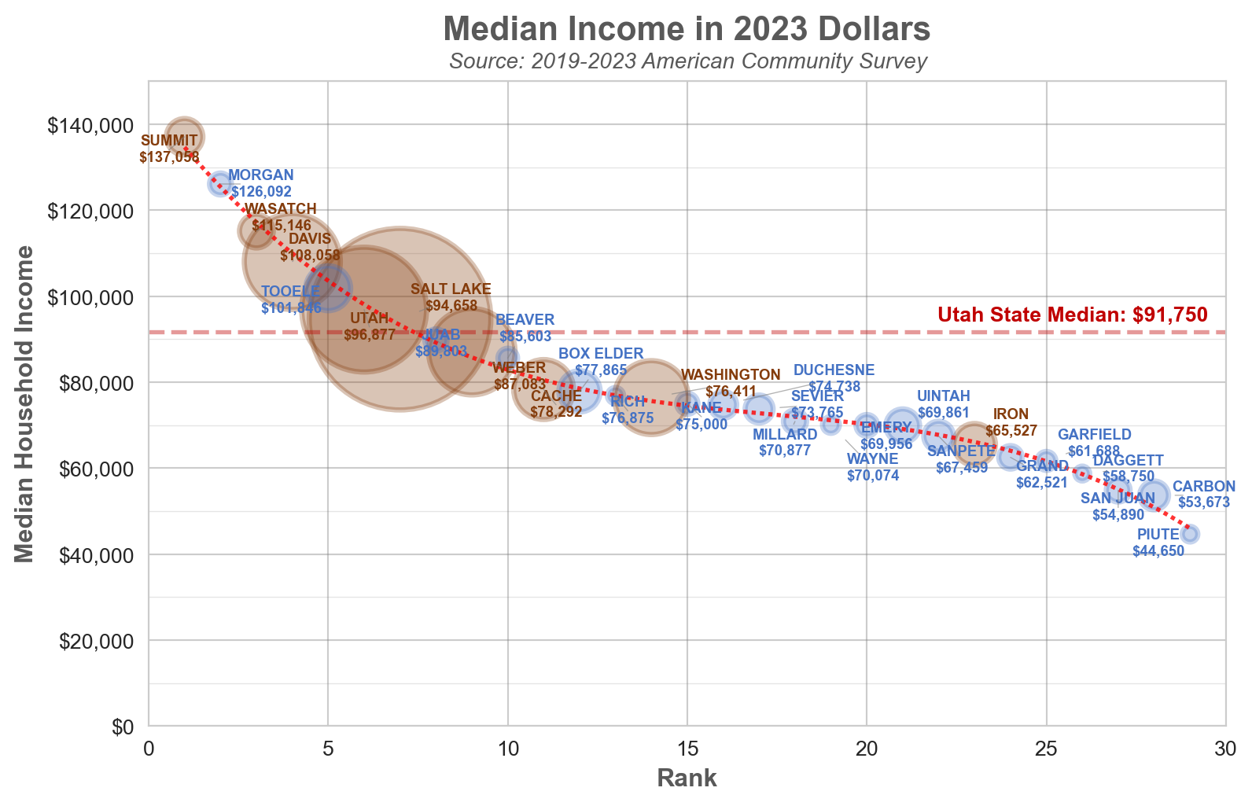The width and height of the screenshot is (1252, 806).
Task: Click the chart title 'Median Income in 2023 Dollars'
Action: tap(687, 30)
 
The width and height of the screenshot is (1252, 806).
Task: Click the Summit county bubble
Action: tap(185, 137)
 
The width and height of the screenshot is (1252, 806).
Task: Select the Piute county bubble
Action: tap(1190, 534)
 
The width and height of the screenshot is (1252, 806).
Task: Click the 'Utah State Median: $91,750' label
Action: tap(1072, 315)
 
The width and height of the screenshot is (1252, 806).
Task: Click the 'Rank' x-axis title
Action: tap(687, 778)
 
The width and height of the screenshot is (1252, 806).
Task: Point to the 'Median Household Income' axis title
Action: tap(25, 403)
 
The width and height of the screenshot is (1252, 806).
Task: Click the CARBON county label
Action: tap(1204, 487)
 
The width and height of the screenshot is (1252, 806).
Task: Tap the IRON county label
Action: tap(1011, 414)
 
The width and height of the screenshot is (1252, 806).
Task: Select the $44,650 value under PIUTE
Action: tap(1158, 551)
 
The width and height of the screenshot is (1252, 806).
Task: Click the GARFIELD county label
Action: tap(1094, 435)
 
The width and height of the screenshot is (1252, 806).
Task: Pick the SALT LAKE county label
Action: tap(451, 289)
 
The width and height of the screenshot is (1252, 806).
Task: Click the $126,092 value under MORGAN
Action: tap(261, 192)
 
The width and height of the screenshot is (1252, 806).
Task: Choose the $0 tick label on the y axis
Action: tap(123, 727)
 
